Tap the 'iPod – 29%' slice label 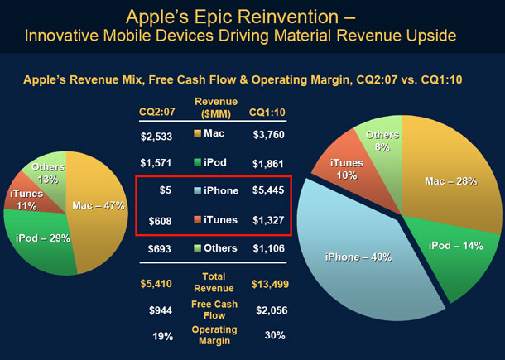click(x=43, y=238)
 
